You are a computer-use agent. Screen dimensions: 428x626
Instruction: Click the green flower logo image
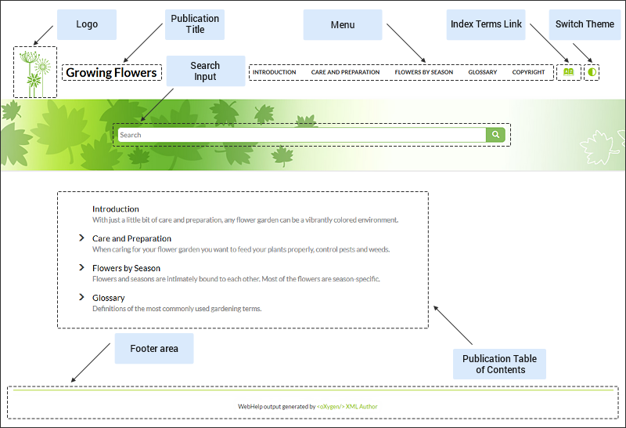point(35,72)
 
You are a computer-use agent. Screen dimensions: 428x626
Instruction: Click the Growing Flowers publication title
point(111,73)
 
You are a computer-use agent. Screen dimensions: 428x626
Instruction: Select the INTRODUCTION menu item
point(274,72)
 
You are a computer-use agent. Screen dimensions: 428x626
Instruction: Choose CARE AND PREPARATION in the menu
point(345,72)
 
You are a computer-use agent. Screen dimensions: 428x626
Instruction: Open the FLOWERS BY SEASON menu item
point(423,72)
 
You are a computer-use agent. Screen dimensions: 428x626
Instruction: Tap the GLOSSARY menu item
point(482,72)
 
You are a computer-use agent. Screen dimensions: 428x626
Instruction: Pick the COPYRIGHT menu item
point(528,72)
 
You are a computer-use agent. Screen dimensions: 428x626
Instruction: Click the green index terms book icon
point(569,72)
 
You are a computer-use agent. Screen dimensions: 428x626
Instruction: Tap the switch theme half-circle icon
point(592,72)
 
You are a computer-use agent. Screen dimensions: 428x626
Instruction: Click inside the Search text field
point(301,135)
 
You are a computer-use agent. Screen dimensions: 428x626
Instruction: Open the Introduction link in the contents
point(116,209)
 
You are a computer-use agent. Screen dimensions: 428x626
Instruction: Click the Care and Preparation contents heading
point(131,238)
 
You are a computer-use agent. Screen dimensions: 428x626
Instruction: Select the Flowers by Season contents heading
point(126,268)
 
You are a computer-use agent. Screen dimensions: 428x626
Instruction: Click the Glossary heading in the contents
point(108,298)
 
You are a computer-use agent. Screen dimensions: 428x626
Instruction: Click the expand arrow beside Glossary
point(81,297)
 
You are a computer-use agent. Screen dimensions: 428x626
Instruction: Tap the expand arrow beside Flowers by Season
point(81,267)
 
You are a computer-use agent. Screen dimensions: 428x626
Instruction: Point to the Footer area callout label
point(153,348)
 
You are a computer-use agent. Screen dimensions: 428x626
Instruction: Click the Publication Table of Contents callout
point(499,364)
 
